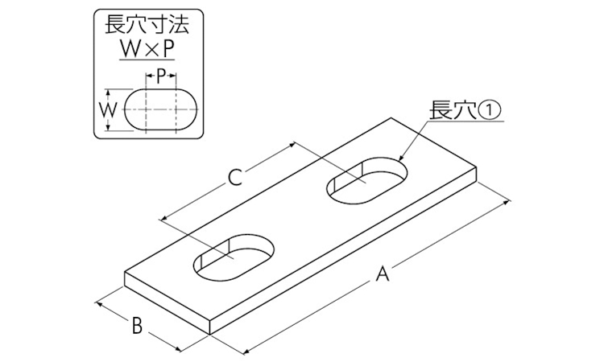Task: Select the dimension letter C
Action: [234, 177]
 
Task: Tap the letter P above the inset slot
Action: [160, 77]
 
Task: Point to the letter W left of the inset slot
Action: [107, 110]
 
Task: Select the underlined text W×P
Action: [147, 48]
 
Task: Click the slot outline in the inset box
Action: [162, 89]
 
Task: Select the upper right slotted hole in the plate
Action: [366, 179]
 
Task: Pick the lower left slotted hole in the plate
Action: [234, 257]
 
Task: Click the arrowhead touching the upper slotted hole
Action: [400, 158]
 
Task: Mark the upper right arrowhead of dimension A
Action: [507, 201]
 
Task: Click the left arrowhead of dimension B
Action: [97, 303]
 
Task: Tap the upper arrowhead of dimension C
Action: [293, 145]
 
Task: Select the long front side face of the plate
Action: [344, 251]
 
